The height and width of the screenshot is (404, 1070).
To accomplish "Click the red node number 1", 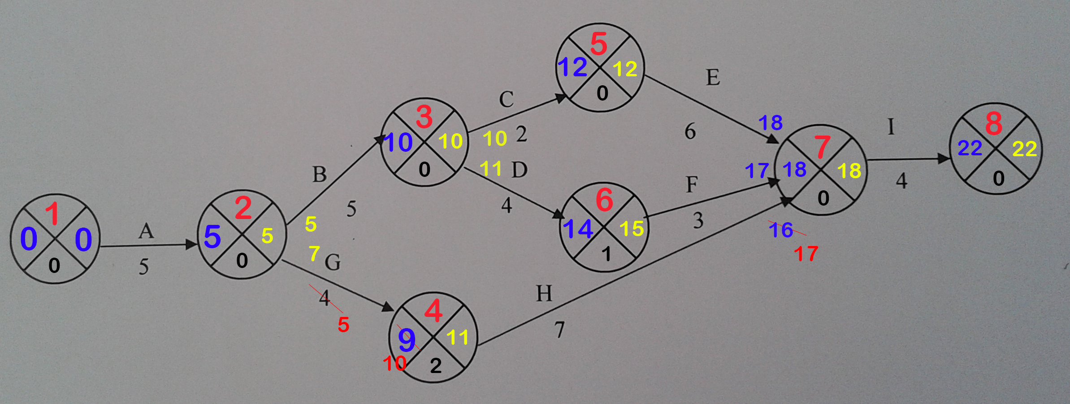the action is coord(53,213).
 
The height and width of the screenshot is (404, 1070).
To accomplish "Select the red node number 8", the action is coord(994,123).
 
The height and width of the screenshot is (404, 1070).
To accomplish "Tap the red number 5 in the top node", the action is coord(599,44).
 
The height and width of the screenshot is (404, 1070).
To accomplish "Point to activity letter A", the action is coord(146,232).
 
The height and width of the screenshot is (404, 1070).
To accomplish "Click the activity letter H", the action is coord(544,294).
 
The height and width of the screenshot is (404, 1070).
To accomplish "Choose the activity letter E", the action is coord(713,77).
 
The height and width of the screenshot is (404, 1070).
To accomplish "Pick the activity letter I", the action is coord(891,127).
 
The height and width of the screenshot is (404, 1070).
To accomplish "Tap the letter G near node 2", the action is coord(333,262).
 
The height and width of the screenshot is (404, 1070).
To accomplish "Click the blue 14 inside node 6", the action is coord(578,229).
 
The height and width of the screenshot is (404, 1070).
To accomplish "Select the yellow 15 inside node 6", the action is coord(632,229).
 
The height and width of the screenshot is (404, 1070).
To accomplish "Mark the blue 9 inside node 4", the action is coord(407,340).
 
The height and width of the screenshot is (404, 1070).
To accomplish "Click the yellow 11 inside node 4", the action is coord(457,337).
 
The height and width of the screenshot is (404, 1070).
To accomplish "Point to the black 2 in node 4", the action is coord(436,366).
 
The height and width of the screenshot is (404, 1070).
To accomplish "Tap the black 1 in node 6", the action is coord(606,255).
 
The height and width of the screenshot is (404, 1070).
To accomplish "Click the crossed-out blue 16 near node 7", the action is coord(781,230).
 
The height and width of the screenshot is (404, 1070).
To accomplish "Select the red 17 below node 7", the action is coord(806,254).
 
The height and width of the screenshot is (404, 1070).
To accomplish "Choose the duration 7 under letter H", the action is coord(559,330).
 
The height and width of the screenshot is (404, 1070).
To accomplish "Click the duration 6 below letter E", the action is coord(690,132).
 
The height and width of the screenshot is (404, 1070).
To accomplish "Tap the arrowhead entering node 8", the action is coord(944,158).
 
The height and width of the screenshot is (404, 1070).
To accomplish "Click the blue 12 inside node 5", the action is coord(572,67).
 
